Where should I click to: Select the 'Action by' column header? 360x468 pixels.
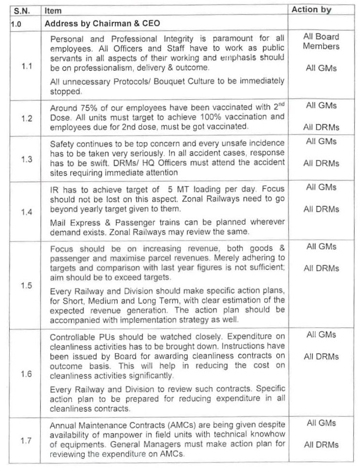[x=311, y=9]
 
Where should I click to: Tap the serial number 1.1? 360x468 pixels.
[x=27, y=66]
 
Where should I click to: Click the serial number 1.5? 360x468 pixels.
[x=27, y=285]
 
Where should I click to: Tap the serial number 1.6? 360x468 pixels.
[x=27, y=375]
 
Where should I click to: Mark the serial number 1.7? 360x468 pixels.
[x=27, y=440]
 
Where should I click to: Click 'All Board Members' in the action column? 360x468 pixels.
[x=321, y=42]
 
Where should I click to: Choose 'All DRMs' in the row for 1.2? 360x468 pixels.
[x=321, y=128]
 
